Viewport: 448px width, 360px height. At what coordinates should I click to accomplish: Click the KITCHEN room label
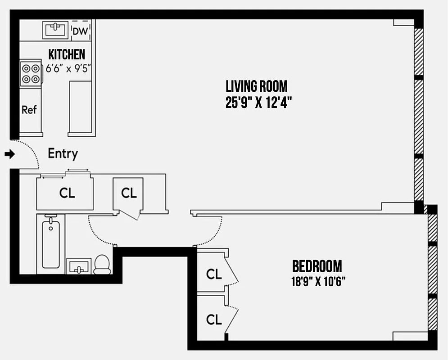coord(67,55)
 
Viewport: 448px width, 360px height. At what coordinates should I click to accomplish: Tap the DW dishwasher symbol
coord(80,31)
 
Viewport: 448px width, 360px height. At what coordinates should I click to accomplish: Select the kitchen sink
coord(55,30)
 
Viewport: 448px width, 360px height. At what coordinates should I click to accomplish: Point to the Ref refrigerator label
coord(29,110)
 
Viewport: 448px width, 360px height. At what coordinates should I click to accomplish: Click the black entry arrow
coord(9,154)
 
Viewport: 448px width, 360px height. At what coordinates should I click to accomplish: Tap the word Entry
coord(63,154)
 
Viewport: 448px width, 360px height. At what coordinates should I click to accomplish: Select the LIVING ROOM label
coord(256,85)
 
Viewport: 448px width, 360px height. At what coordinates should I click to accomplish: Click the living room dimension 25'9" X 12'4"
coord(256,103)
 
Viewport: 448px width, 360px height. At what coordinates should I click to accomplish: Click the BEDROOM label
coord(317,266)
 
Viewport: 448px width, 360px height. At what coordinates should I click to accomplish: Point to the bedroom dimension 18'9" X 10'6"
coord(318,282)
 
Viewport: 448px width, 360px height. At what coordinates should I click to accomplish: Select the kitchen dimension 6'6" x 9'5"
coord(68,69)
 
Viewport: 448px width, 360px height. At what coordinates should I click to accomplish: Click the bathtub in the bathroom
coord(51,243)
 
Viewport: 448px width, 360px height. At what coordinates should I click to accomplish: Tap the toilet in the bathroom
coord(103,265)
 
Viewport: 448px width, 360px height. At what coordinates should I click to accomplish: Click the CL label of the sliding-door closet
coord(67,193)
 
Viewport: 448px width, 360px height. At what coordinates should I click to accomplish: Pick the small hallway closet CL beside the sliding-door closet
coord(129,193)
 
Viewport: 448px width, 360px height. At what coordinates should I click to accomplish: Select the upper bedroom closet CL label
coord(214,274)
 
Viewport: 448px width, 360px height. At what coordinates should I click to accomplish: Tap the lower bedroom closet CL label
coord(214,319)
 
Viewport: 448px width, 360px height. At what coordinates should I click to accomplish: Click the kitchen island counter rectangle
coord(81,107)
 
